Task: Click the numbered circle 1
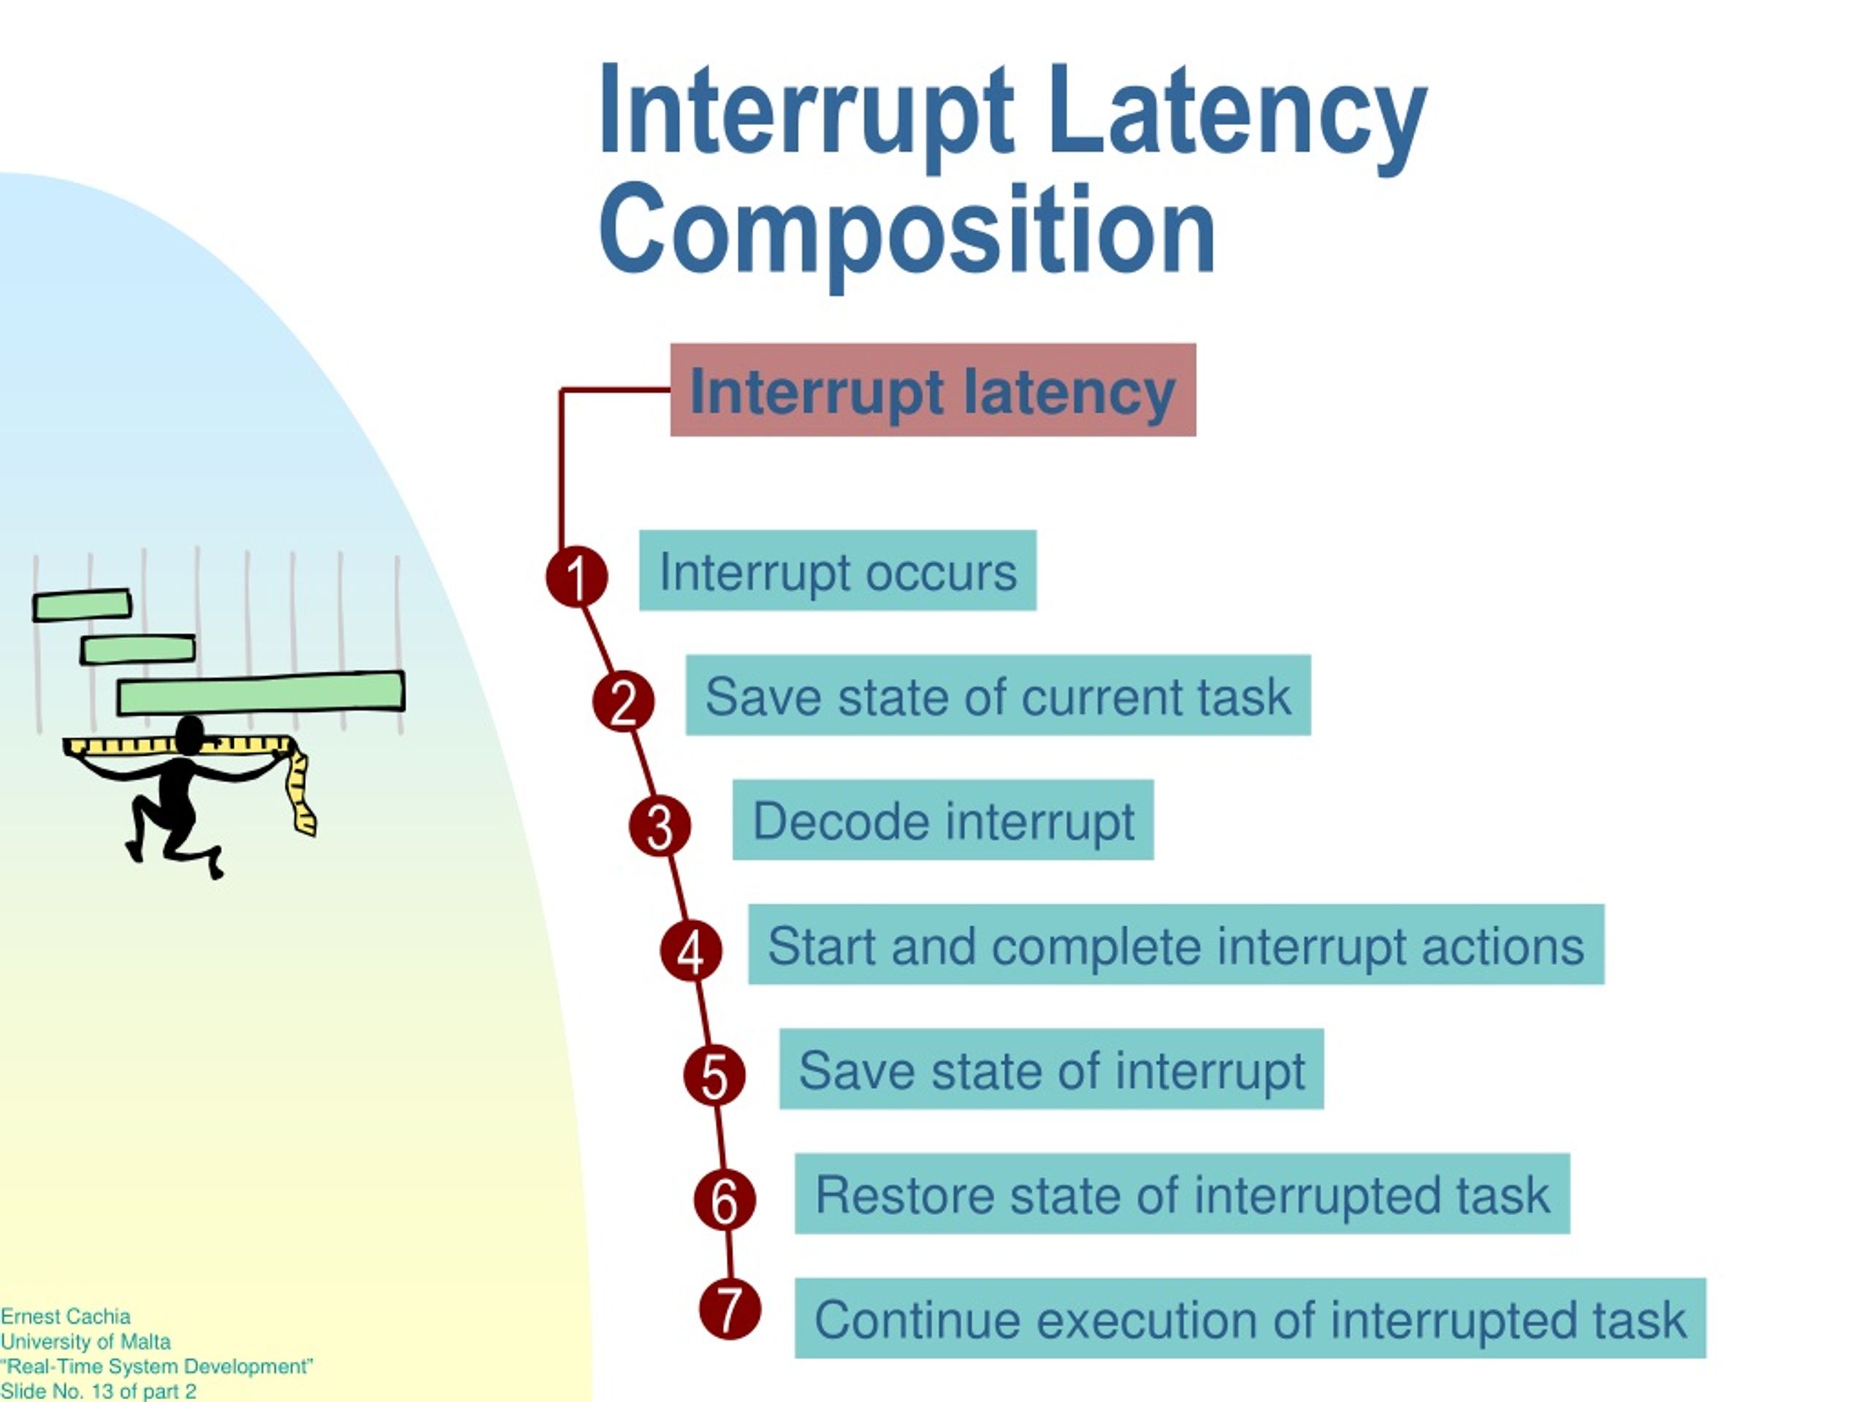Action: tap(576, 577)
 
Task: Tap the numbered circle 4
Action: tap(691, 951)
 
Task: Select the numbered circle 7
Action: tap(730, 1309)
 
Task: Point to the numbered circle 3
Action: tap(660, 826)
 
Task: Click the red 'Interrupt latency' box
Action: tap(933, 390)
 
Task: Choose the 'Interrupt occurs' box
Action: tap(837, 570)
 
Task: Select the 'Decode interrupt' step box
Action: tap(942, 820)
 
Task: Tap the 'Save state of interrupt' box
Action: tap(1051, 1069)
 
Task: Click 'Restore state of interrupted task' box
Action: tap(1182, 1193)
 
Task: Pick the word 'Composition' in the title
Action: tap(907, 230)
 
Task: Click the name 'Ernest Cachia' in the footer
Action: tap(65, 1317)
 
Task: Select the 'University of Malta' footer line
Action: tap(85, 1342)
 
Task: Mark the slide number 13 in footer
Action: tap(103, 1392)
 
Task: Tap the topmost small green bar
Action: tap(82, 605)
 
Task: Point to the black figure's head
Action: tap(189, 735)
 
